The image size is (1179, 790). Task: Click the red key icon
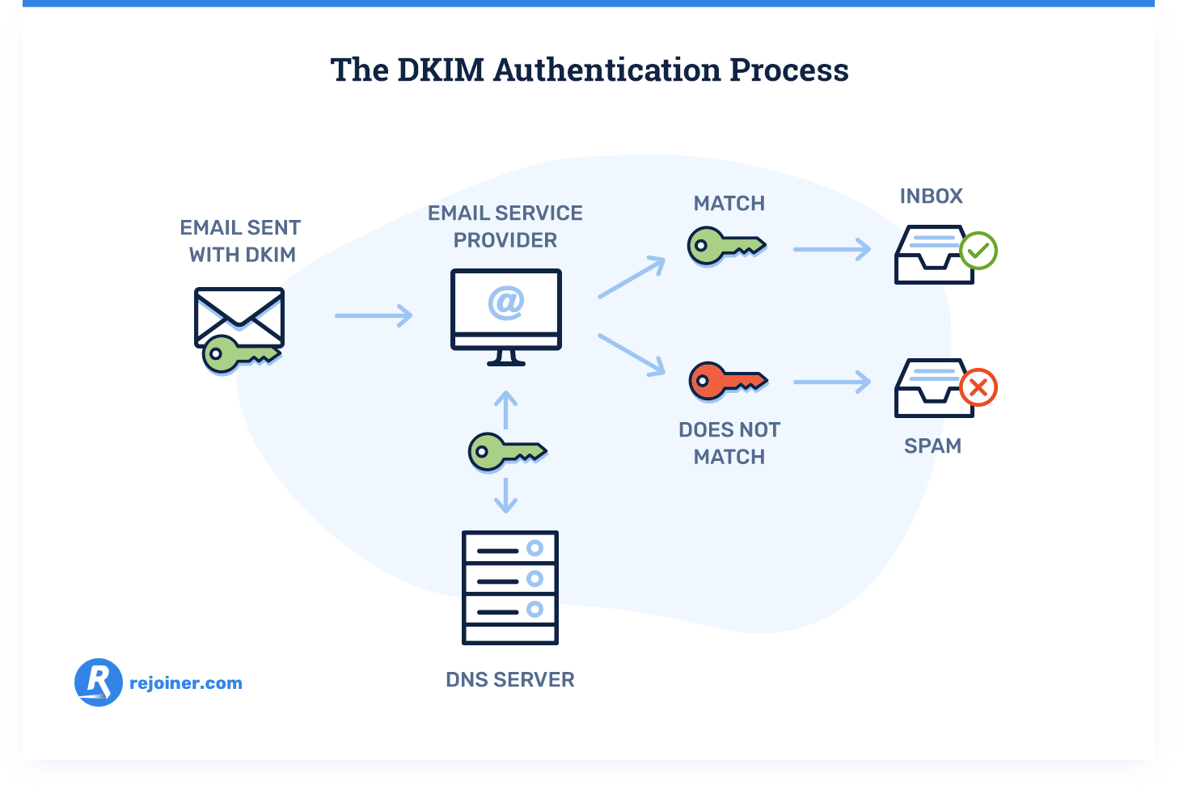[726, 381]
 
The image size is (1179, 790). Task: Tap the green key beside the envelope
[239, 354]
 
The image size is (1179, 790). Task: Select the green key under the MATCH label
[725, 245]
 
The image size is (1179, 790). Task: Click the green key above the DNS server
[506, 451]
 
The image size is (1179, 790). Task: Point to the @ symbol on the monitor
[506, 302]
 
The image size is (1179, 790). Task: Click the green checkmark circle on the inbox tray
[978, 251]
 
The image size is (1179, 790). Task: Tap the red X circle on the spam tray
[978, 388]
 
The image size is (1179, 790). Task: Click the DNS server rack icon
[509, 587]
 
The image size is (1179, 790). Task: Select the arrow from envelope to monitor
[374, 315]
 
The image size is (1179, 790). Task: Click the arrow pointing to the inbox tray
[831, 250]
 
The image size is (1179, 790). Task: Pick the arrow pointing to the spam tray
[831, 382]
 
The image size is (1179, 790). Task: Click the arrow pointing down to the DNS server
[505, 496]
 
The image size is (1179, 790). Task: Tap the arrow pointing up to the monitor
[505, 409]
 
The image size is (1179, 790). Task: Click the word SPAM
[932, 446]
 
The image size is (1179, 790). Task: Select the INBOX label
[931, 196]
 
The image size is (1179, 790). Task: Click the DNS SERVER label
[509, 680]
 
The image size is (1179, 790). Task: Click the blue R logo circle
[99, 682]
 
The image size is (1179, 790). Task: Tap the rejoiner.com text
[186, 683]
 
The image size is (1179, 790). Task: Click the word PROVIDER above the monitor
[505, 241]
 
